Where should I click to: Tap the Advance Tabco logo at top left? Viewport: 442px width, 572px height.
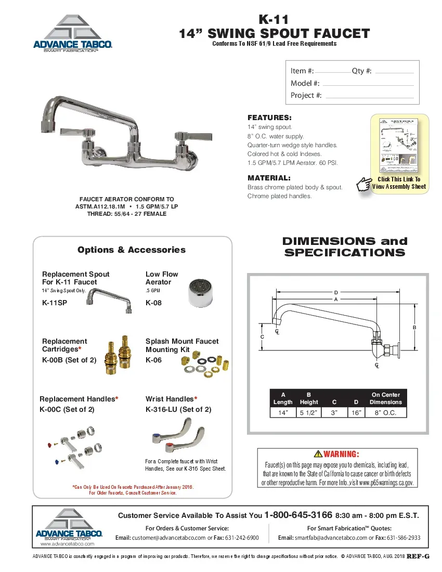[x=73, y=33]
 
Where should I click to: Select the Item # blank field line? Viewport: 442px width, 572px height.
[x=333, y=72]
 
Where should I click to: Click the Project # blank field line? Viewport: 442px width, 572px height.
[x=369, y=96]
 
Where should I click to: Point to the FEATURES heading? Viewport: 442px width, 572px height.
[x=269, y=118]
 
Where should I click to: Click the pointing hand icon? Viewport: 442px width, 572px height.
[x=364, y=185]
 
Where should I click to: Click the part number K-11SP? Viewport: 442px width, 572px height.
[x=55, y=303]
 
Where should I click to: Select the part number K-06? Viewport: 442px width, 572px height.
[x=153, y=360]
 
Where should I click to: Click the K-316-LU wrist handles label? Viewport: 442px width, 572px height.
[x=178, y=410]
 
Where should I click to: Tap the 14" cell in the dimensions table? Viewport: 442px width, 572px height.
[x=283, y=413]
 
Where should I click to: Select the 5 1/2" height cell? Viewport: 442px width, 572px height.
[x=309, y=413]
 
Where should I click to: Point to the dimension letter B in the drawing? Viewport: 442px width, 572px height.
[x=414, y=327]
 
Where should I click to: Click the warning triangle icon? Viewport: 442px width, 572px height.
[x=318, y=454]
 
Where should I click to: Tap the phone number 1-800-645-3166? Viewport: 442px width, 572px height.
[x=298, y=515]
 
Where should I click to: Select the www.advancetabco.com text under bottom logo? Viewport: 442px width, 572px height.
[x=67, y=544]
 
